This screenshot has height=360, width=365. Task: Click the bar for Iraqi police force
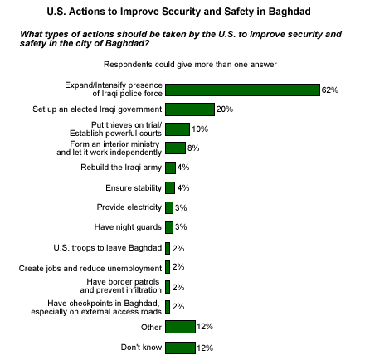click(242, 90)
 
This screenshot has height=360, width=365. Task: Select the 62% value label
click(329, 90)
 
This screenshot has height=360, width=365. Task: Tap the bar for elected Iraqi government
click(190, 109)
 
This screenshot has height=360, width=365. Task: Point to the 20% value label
click(225, 109)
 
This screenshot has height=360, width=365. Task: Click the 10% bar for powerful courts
click(178, 129)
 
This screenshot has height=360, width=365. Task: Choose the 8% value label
click(193, 148)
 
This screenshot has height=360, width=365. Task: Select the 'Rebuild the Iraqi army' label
click(121, 168)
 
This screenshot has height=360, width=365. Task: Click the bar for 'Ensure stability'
click(170, 187)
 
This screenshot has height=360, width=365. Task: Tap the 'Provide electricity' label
click(129, 207)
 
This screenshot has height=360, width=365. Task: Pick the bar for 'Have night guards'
click(169, 227)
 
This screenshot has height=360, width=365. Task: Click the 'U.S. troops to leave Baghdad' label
click(108, 247)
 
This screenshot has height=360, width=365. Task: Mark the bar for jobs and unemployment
click(168, 267)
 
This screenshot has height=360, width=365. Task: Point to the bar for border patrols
click(168, 287)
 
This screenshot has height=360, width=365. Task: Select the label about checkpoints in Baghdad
click(96, 308)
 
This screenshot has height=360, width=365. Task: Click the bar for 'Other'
click(180, 327)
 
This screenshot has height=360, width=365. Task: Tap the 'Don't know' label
click(141, 348)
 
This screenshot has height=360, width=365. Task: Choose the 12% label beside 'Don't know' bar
click(205, 348)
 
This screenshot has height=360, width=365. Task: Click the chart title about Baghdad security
click(178, 12)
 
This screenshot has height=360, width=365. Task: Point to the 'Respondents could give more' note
click(190, 65)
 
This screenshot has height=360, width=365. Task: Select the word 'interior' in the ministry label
click(115, 144)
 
